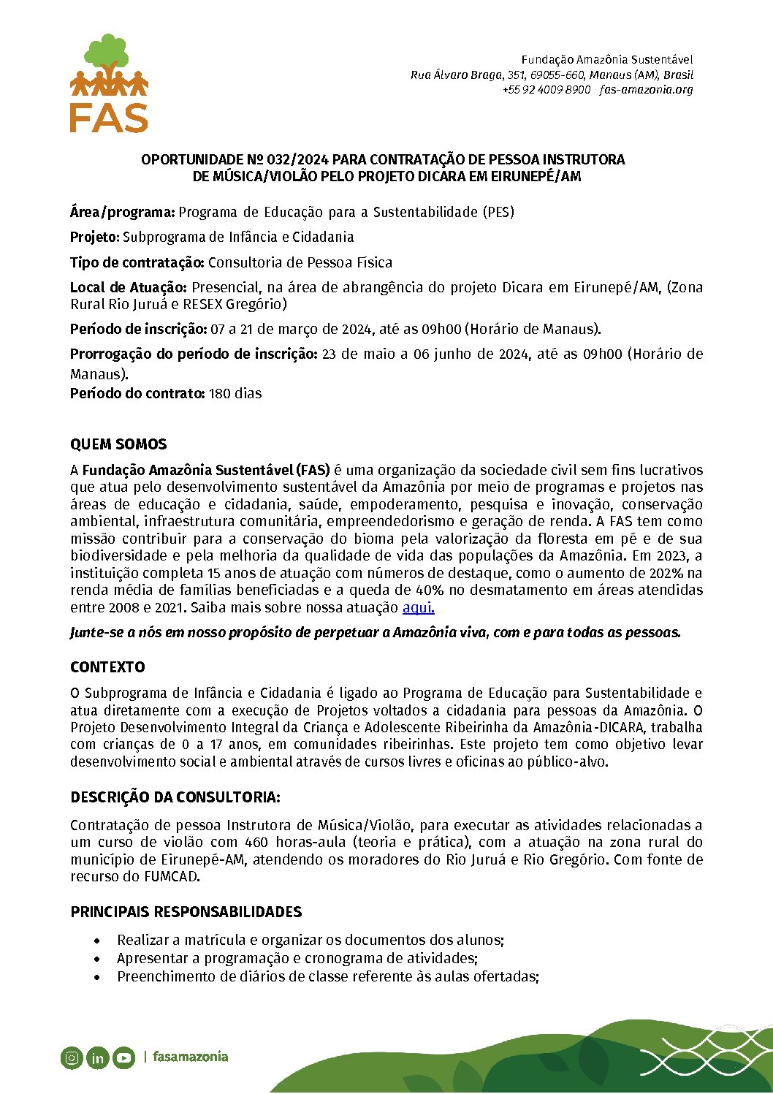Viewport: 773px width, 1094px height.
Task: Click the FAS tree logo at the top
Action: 109,83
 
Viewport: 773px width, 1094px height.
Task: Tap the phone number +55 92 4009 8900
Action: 546,90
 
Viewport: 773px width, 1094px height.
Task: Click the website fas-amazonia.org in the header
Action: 646,90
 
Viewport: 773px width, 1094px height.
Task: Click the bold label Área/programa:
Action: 122,213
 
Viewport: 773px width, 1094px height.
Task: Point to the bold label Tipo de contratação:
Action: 137,262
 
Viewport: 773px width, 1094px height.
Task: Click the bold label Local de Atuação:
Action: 129,287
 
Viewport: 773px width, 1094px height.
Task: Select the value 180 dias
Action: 235,393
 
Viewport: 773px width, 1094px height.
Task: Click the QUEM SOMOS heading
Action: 118,444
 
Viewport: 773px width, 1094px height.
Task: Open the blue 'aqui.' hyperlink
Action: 418,607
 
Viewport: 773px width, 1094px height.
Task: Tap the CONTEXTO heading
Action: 107,667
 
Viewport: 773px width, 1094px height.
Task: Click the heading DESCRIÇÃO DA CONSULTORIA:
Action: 175,797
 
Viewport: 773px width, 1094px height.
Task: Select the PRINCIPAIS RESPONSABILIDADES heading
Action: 186,912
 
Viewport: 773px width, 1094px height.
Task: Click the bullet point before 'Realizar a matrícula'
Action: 97,941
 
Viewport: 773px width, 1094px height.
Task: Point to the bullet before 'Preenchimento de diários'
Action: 97,977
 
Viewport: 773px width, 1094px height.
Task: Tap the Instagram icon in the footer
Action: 72,1057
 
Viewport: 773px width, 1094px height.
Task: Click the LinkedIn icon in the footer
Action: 97,1057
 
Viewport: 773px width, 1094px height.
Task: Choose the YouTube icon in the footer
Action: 123,1057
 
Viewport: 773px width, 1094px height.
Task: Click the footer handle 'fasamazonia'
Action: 190,1057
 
